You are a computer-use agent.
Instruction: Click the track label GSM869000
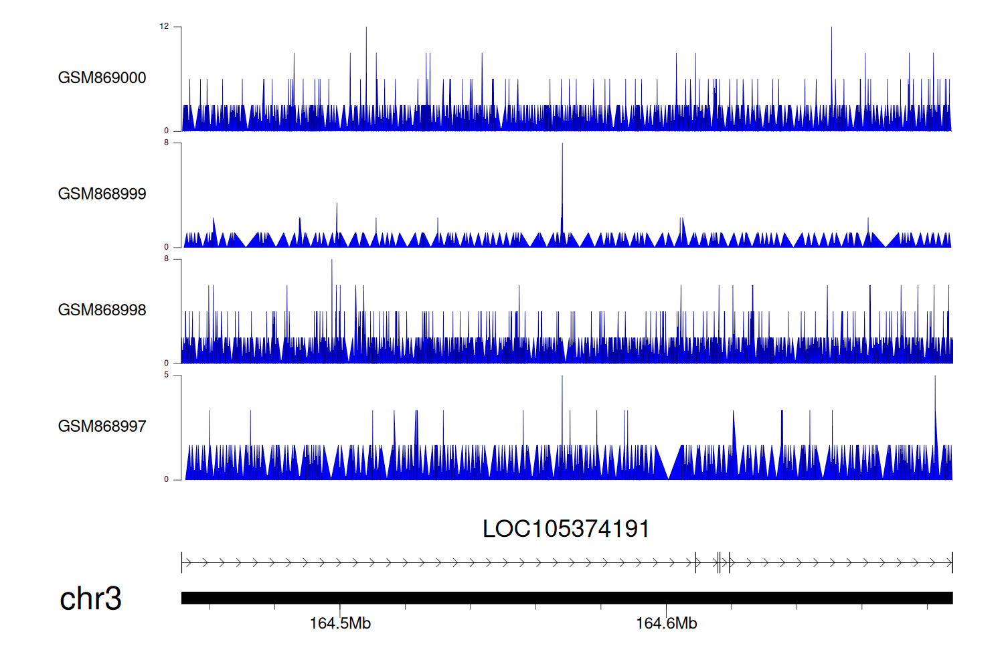102,78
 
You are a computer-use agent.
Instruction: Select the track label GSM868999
102,194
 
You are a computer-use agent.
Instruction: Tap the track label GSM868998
102,310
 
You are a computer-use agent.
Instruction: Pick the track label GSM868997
102,426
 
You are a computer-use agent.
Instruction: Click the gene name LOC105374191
566,529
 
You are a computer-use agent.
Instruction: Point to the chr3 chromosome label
90,598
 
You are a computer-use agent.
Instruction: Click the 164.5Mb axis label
340,624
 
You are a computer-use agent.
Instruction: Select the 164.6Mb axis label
666,624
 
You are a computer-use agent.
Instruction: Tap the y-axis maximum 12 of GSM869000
164,27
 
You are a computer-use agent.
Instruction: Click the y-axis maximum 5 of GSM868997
167,375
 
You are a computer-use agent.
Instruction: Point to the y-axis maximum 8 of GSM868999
167,143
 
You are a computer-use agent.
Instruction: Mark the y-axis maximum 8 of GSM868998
167,259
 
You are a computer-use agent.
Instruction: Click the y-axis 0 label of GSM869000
167,131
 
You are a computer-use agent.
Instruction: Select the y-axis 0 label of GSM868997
167,479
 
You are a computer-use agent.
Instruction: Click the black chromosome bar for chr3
566,598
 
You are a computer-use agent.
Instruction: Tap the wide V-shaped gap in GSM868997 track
669,462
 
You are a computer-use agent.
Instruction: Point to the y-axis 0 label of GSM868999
167,247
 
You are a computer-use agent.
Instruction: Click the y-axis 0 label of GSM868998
167,363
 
